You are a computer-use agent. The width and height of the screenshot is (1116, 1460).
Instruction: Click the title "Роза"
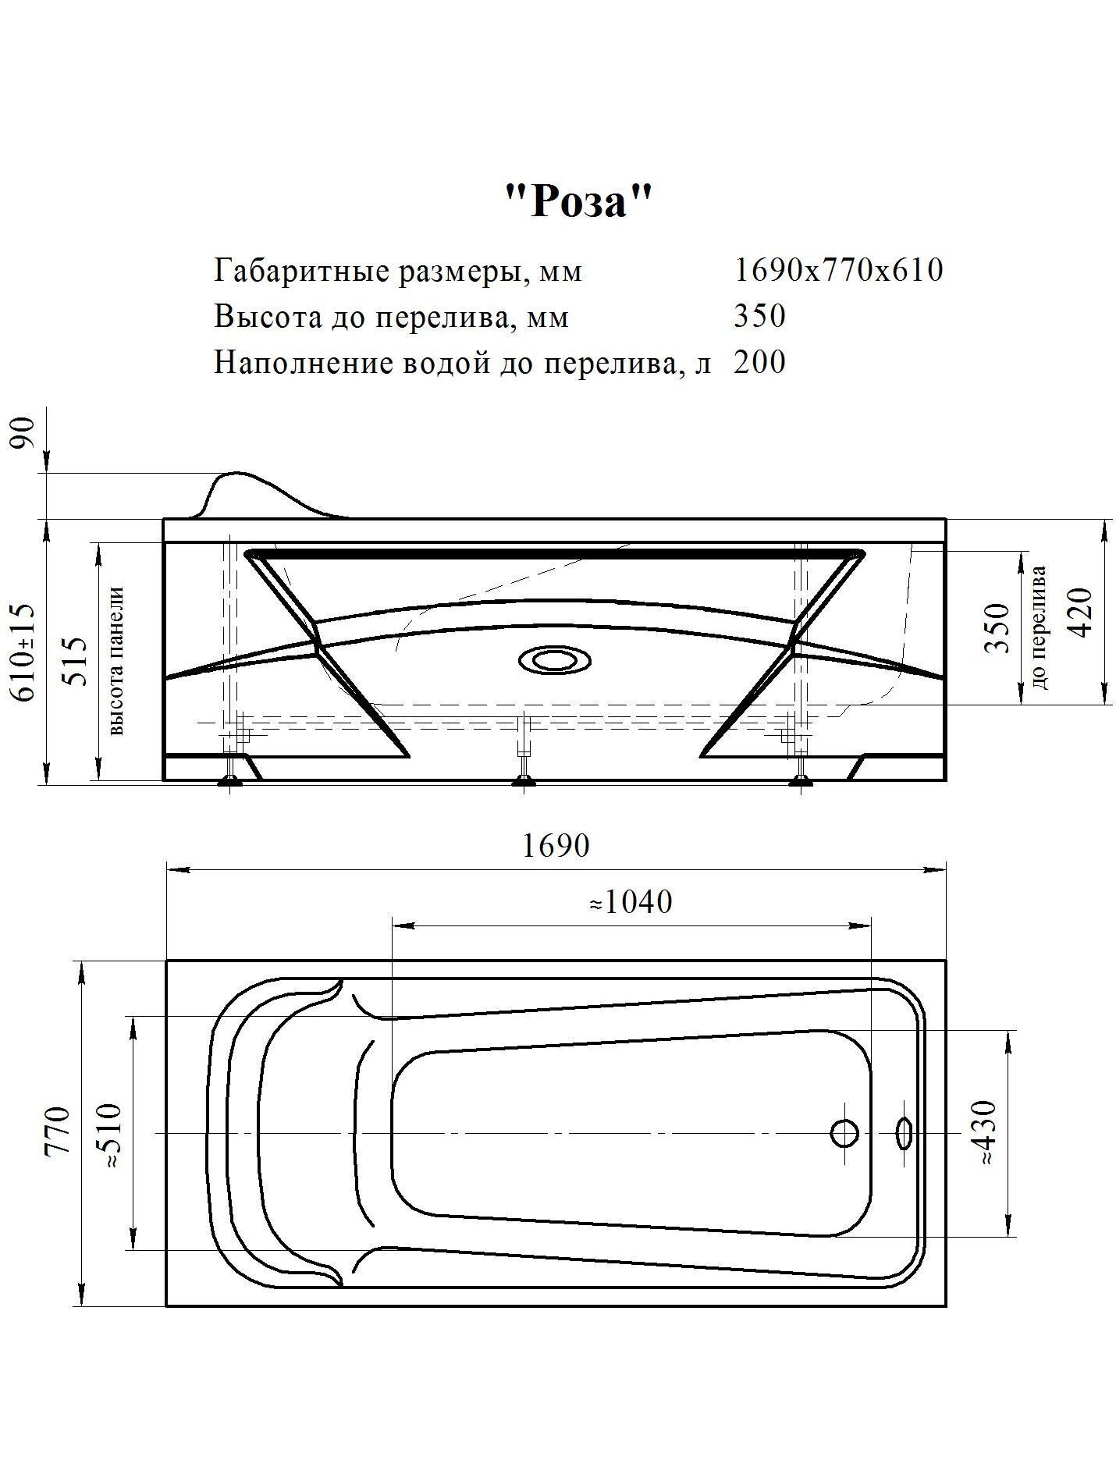(x=577, y=203)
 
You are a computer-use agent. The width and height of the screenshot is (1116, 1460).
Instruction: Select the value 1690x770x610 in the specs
(x=839, y=270)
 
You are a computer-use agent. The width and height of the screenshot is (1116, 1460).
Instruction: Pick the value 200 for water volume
(x=759, y=362)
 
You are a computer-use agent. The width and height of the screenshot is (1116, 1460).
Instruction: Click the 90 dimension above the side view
(x=24, y=433)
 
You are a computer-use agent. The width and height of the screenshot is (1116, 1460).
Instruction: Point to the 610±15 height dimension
(x=24, y=652)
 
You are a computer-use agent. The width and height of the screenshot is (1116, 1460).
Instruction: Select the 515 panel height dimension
(x=75, y=660)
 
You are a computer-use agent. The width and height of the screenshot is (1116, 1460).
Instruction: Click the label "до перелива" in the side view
(x=1039, y=627)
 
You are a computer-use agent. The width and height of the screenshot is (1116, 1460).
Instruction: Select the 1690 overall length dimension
(x=556, y=846)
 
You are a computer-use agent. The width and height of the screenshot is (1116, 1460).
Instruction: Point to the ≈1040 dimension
(x=630, y=902)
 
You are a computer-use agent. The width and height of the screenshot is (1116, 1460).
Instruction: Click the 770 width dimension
(x=59, y=1129)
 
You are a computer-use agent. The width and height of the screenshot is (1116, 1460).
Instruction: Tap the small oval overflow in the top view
(x=905, y=1131)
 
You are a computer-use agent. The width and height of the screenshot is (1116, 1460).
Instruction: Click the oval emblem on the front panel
(x=555, y=660)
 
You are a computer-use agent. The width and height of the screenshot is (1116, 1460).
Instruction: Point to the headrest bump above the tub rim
(x=238, y=490)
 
